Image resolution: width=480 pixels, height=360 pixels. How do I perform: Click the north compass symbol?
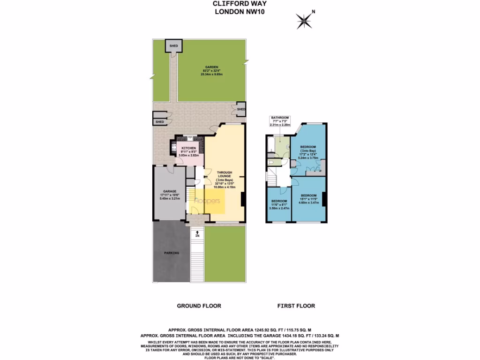pos(305,20)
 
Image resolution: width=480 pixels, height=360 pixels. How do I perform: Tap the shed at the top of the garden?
pos(174,46)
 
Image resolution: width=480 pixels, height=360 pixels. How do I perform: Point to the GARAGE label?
pos(169,194)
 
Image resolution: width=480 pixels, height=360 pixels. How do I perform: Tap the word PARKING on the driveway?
pos(171,253)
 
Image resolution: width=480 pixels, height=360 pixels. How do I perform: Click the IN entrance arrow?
pos(197,234)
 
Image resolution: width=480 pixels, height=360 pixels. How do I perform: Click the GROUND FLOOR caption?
pos(199,306)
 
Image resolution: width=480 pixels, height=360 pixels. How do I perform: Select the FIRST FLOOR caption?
pos(296,306)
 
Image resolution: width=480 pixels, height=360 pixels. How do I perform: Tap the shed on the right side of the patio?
pos(240,109)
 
